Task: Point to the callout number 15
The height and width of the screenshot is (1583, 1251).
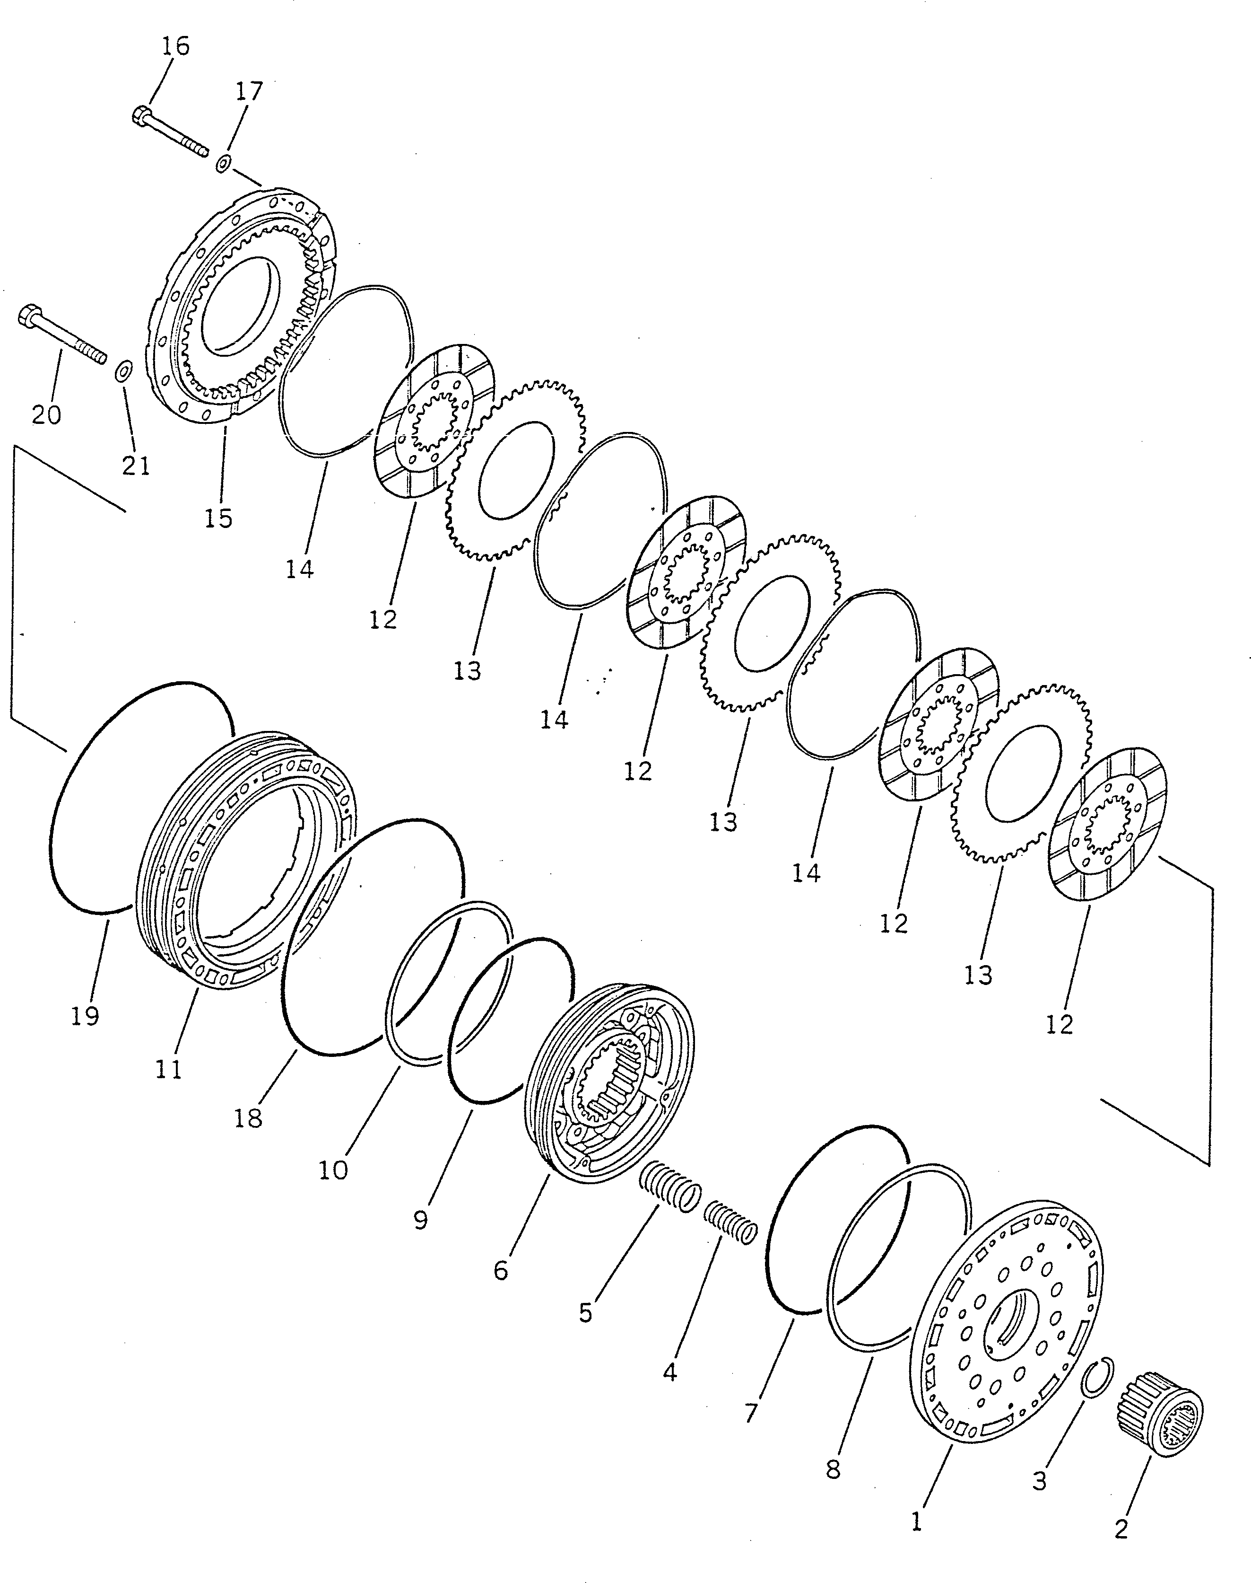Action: (x=218, y=518)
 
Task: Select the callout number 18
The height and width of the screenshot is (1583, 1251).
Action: (x=248, y=1118)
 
